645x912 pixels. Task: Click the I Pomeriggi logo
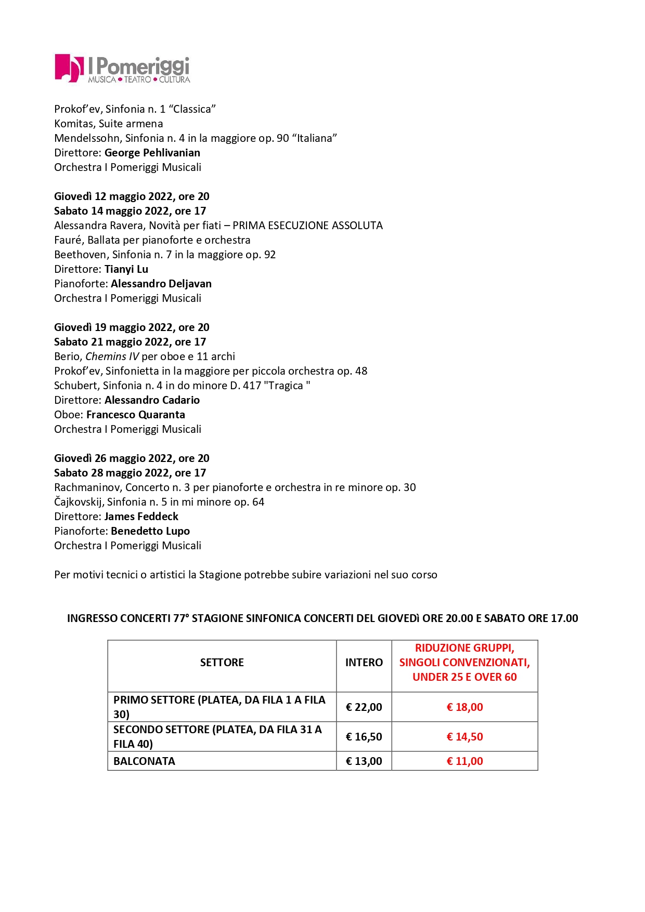coord(122,69)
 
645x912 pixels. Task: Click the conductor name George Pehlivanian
coord(152,153)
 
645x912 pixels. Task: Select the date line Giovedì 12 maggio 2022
coord(132,196)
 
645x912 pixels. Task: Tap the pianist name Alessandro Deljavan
coord(161,284)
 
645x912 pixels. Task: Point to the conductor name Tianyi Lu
coord(126,269)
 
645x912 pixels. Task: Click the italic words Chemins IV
coord(112,356)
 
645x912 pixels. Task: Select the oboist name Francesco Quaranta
coord(135,415)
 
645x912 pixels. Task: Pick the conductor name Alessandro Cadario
coord(152,400)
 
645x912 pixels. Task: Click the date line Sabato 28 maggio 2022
coord(130,473)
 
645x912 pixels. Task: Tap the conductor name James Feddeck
coord(141,517)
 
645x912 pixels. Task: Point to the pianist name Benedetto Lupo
coord(150,531)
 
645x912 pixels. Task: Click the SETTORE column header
coord(222,663)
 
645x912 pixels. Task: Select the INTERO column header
coord(364,663)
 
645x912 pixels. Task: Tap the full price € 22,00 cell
coord(364,707)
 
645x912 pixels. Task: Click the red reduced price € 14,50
coord(465,737)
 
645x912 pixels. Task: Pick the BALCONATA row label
coord(144,761)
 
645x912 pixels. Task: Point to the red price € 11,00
coord(465,761)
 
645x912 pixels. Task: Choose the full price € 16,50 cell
coord(364,737)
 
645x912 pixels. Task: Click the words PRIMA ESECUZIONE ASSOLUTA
coord(307,226)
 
